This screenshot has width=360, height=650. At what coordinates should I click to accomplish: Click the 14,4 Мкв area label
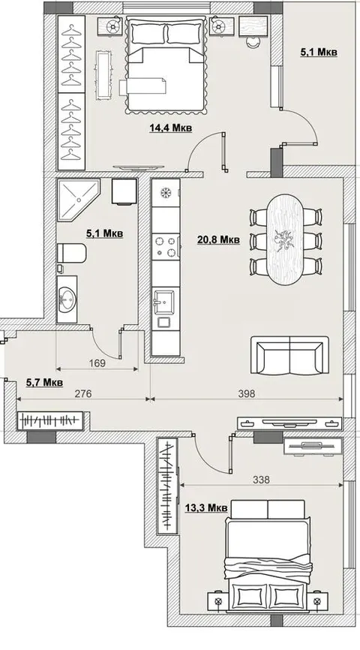point(171,128)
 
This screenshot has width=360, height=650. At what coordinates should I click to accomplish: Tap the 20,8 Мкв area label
point(218,239)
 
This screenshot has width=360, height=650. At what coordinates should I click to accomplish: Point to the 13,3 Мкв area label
point(206,507)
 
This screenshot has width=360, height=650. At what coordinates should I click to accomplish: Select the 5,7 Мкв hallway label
point(44,382)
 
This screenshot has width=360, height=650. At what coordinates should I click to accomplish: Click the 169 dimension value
point(97,363)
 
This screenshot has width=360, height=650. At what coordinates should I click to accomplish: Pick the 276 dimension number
point(82,393)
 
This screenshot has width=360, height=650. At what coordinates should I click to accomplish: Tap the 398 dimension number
point(247,393)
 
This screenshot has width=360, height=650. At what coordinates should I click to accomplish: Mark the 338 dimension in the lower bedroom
point(261,480)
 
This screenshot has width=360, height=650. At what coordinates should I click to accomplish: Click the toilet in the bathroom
point(71,253)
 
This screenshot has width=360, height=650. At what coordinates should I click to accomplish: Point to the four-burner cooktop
point(166,246)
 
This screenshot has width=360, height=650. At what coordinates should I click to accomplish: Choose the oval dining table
point(284,239)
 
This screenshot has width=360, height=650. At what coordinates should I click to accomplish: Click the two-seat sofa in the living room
point(289,355)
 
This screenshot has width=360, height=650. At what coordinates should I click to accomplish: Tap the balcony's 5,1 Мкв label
point(318,53)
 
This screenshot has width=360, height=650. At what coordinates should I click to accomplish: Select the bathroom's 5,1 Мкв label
point(104,233)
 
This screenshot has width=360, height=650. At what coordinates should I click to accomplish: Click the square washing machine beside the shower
point(124,191)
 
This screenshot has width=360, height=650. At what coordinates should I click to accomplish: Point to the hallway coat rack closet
point(50,421)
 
